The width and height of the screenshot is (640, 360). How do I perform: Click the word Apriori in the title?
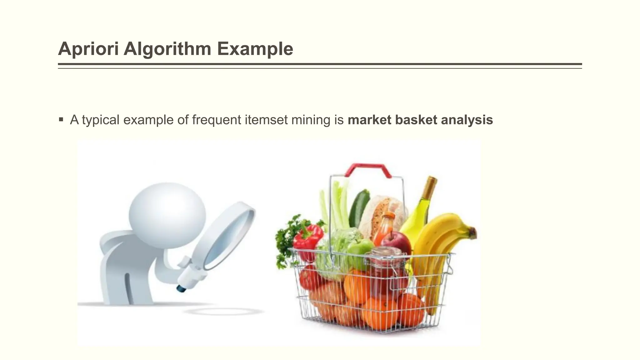[88, 49]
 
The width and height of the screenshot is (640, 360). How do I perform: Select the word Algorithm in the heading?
[167, 49]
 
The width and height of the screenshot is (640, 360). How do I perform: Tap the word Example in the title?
[255, 49]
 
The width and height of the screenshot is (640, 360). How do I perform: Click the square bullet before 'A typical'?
[61, 119]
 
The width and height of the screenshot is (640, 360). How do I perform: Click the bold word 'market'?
[369, 120]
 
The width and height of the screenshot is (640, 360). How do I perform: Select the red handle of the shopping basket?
[368, 169]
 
